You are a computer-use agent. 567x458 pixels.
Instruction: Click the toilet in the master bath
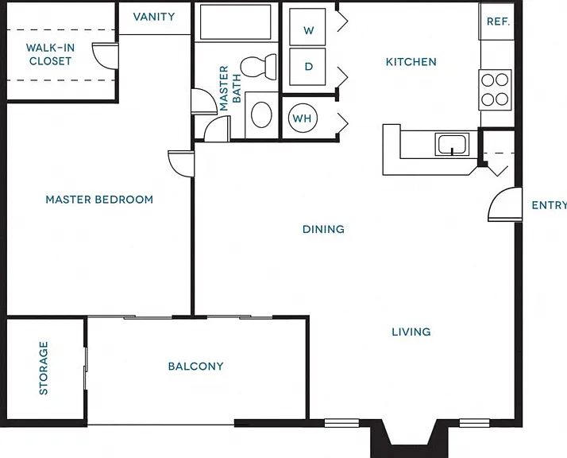(259, 67)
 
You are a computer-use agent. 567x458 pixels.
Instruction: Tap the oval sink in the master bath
(261, 114)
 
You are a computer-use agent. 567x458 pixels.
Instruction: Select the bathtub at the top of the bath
(235, 21)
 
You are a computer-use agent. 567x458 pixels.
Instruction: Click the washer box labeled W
(307, 27)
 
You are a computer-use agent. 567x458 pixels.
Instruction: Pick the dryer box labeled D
(307, 67)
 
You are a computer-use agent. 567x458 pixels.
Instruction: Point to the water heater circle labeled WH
(303, 118)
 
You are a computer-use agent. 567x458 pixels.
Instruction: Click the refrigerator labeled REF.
(497, 21)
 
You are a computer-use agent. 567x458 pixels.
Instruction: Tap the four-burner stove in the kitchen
(495, 89)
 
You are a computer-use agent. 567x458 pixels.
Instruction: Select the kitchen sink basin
(452, 144)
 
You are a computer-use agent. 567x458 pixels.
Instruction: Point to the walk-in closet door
(105, 56)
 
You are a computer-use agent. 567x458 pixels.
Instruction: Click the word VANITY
(154, 17)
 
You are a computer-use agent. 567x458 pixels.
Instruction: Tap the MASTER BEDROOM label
(99, 200)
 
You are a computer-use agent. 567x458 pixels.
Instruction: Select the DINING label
(323, 229)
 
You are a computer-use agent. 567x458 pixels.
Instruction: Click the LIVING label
(411, 332)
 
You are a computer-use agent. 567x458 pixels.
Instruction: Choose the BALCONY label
(195, 366)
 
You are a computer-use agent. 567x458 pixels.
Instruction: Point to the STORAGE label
(44, 368)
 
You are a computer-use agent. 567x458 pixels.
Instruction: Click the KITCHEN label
(411, 62)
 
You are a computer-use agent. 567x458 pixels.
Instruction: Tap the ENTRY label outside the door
(550, 205)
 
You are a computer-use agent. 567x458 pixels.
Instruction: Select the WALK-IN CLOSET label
(50, 54)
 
